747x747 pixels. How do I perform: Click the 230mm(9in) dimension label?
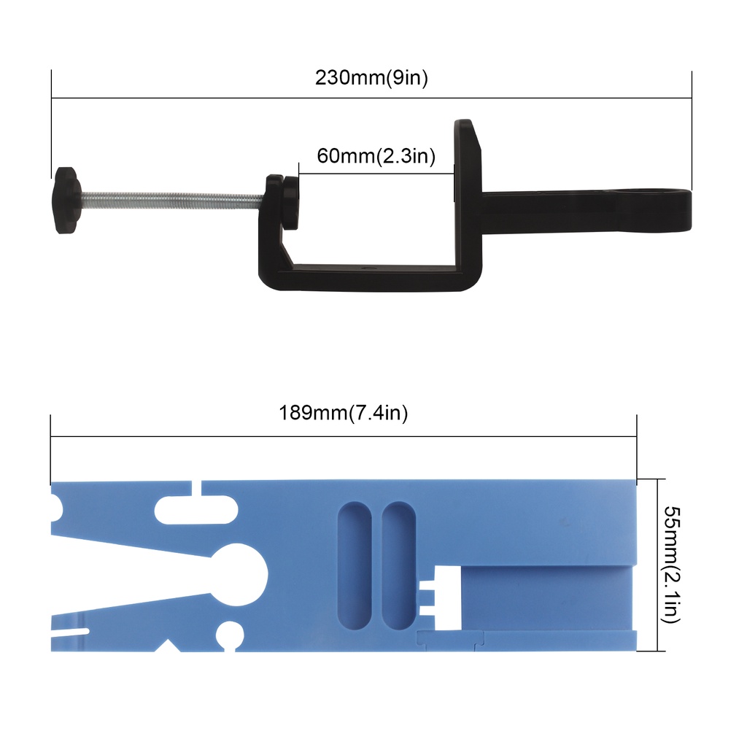click(x=371, y=77)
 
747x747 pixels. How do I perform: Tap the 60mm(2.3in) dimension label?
click(x=376, y=156)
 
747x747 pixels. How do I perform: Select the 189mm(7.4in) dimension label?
click(x=343, y=413)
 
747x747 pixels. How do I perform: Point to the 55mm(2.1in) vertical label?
click(x=672, y=565)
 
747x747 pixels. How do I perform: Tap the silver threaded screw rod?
click(x=172, y=200)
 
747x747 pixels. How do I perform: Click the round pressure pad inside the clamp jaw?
click(x=290, y=203)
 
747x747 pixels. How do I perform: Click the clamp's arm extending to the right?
click(x=586, y=209)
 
